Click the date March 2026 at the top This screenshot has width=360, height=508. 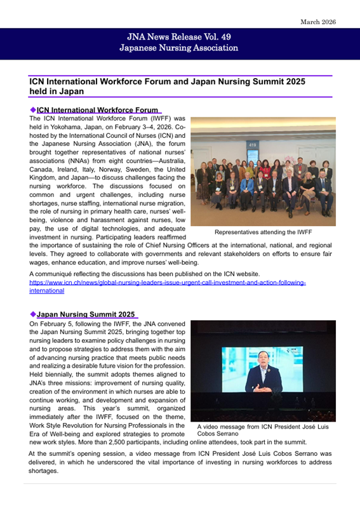[x=318, y=22]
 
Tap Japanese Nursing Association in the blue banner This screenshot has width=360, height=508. [x=180, y=48]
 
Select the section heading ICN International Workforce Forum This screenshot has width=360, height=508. [x=97, y=110]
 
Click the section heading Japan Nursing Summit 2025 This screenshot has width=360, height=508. [x=86, y=314]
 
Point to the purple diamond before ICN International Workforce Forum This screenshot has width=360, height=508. [x=33, y=110]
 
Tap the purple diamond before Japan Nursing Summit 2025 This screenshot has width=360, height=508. [x=33, y=314]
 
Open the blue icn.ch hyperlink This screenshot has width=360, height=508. [x=168, y=286]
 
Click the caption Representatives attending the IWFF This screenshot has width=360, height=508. [x=263, y=233]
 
